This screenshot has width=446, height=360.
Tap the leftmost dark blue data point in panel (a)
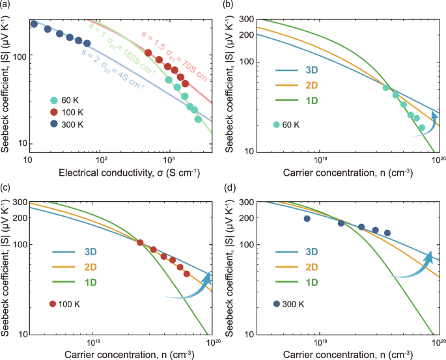(x=34, y=24)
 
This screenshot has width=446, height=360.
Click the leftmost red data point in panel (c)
(x=140, y=243)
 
